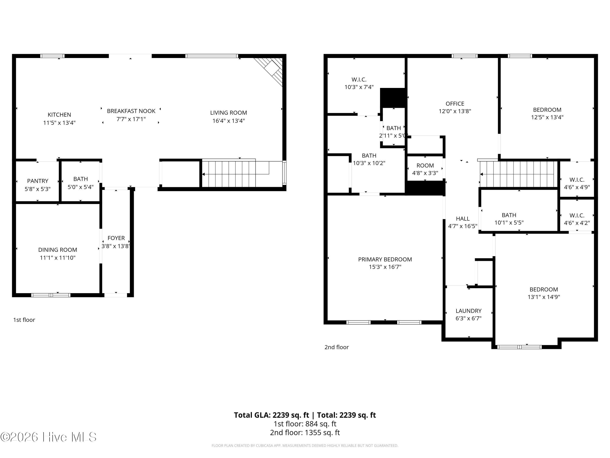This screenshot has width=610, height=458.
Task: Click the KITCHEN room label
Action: [x=59, y=115]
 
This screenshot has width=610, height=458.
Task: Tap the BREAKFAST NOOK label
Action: [x=131, y=111]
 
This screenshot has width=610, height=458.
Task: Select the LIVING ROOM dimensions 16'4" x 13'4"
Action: [x=229, y=121]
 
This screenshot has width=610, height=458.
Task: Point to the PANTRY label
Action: [x=38, y=181]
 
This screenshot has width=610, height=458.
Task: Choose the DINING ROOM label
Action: [x=58, y=250]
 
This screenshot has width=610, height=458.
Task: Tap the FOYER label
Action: [x=116, y=238]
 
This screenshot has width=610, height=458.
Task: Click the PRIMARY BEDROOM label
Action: [x=385, y=260]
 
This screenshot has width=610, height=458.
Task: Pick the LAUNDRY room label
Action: [x=468, y=311]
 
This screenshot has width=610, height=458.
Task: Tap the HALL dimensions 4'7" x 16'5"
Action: [x=463, y=226]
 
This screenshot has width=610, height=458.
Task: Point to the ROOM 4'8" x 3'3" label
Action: [x=425, y=169]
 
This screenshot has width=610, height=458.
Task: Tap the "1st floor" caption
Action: [x=24, y=320]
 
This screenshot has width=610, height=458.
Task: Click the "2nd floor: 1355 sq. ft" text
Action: [x=305, y=432]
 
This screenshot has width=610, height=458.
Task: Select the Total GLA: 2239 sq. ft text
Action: [x=272, y=415]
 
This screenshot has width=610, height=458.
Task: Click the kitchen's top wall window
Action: [x=52, y=56]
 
